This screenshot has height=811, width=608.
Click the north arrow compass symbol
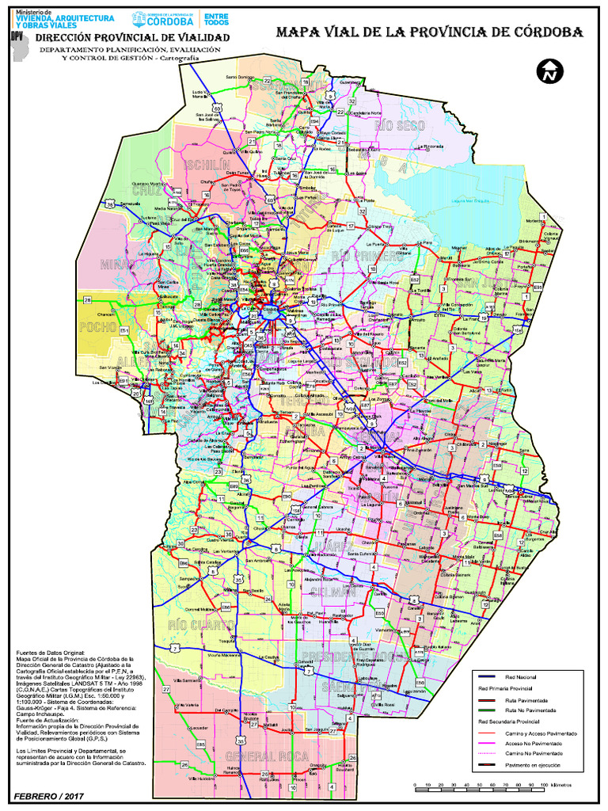click(x=549, y=70)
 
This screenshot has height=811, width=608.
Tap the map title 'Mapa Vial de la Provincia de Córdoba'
click(x=429, y=32)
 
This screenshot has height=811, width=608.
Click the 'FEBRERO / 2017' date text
click(x=48, y=795)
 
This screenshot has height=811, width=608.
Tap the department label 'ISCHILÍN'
click(x=207, y=164)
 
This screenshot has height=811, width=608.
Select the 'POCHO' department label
click(x=100, y=327)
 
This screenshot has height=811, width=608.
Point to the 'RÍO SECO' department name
click(x=401, y=126)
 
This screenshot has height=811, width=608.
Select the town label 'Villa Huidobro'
click(x=202, y=779)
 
